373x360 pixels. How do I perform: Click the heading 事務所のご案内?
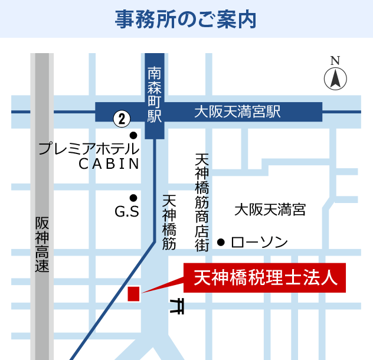[x=186, y=19]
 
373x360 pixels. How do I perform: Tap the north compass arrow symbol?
[x=335, y=78]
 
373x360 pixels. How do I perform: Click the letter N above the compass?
[x=335, y=61]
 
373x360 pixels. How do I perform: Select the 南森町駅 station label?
[x=155, y=94]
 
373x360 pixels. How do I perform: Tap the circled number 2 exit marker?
[x=122, y=119]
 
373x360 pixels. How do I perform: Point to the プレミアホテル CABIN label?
[x=89, y=155]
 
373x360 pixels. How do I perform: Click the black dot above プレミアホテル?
[x=133, y=135]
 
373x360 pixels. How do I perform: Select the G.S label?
[x=127, y=211]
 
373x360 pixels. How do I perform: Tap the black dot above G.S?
[x=133, y=198]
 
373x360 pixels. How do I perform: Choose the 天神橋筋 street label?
[x=169, y=222]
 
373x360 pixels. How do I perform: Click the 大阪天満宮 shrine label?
[x=270, y=209]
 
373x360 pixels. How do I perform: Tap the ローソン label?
[x=259, y=242]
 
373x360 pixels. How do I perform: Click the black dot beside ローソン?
[x=221, y=241]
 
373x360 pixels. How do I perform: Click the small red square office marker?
[x=133, y=294]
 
